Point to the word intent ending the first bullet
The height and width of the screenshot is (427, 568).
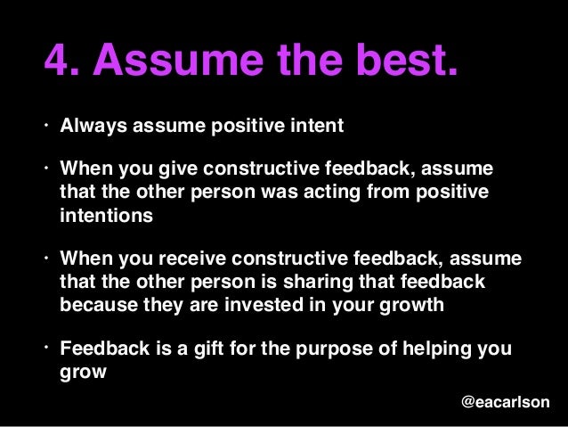(x=312, y=126)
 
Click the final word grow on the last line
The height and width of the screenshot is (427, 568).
(x=83, y=371)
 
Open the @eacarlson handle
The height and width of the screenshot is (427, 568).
(x=505, y=403)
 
